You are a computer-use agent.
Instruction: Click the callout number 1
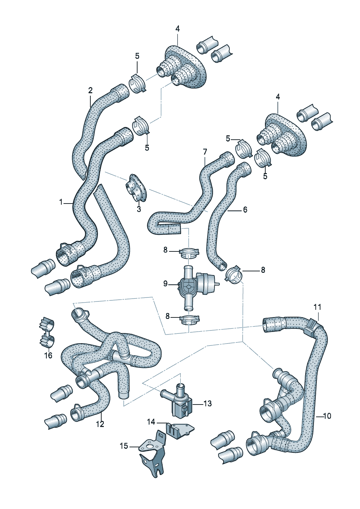tap(61, 202)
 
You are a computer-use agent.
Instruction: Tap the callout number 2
tap(90, 90)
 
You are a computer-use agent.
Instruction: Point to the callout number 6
tap(245, 210)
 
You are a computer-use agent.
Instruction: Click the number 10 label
tap(327, 416)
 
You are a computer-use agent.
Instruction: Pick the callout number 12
tap(100, 424)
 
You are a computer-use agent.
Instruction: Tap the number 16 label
tap(48, 356)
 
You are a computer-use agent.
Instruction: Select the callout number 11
tap(318, 307)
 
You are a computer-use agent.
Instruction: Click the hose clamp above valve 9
tap(189, 252)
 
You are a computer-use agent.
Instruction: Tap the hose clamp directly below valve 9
tap(189, 320)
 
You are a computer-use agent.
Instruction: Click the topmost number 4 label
tap(177, 29)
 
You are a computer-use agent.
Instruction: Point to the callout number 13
tap(207, 403)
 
